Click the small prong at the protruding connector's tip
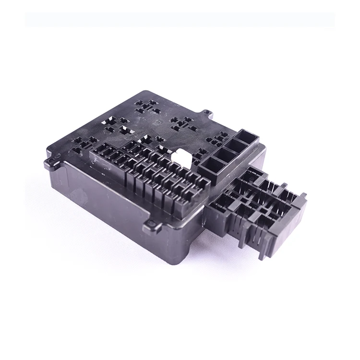pos(302,196)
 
